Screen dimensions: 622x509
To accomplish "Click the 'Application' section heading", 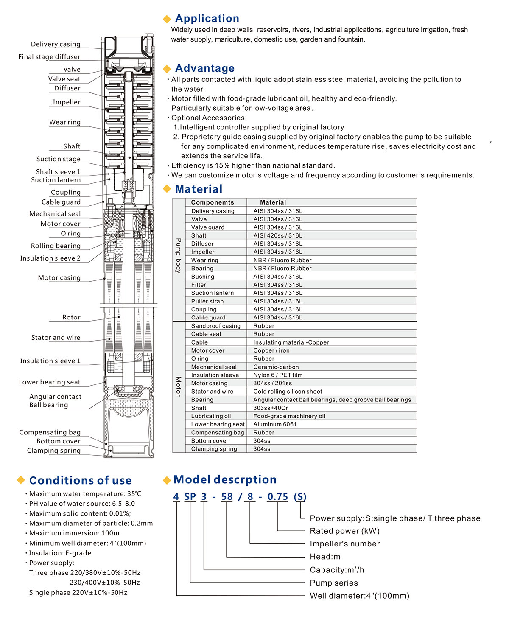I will pos(207,19).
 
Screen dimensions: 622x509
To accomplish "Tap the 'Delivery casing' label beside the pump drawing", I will pos(56,44).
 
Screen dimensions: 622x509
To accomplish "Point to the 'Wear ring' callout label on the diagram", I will pos(65,122).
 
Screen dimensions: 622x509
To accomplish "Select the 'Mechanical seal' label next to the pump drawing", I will pos(55,214).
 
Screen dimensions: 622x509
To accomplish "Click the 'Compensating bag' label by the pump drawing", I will pos(50,432).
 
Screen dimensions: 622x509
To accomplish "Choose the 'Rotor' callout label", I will pos(71,317).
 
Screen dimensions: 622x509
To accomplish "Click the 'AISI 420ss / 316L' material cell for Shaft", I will pos(278,235).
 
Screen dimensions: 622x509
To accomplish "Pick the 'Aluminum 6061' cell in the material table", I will pos(275,424).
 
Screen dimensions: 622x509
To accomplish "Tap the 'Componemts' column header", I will pos(212,202).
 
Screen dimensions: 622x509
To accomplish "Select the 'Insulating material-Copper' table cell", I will pos(291,342).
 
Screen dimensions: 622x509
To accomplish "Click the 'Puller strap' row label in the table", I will pos(207,301).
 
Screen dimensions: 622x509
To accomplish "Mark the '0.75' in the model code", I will pos(277,496).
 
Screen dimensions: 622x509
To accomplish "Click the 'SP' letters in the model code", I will pos(190,496).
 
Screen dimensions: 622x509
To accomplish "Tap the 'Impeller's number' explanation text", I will pos(344,544).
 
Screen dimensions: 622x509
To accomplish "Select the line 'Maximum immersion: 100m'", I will pos(74,533).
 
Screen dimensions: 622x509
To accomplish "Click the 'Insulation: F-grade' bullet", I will pos(60,553).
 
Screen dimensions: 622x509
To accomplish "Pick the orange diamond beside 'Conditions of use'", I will pos(21,480).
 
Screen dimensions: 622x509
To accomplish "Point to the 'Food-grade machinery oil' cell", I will pos(289,416).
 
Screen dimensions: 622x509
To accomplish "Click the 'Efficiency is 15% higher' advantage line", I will pos(253,165).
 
